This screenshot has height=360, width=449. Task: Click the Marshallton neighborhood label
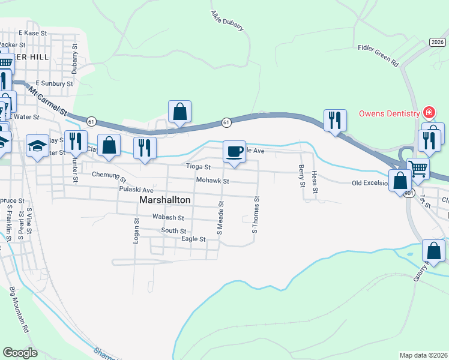coord(165,199)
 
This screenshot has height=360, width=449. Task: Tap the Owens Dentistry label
coord(390,113)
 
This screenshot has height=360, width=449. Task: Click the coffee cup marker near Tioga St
coord(234,151)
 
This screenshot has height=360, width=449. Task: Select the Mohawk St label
coord(212,181)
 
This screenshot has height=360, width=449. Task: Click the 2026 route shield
coord(438,41)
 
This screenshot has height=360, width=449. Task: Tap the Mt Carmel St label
coord(47,100)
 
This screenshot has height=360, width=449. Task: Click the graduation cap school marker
coord(37,146)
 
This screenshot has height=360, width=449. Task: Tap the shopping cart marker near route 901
coord(418,169)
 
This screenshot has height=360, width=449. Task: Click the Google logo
coord(20,353)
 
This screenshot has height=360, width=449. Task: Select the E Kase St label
coord(32,33)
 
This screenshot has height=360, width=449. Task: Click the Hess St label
coord(315,181)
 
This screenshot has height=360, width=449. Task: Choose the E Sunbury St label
coord(54,83)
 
